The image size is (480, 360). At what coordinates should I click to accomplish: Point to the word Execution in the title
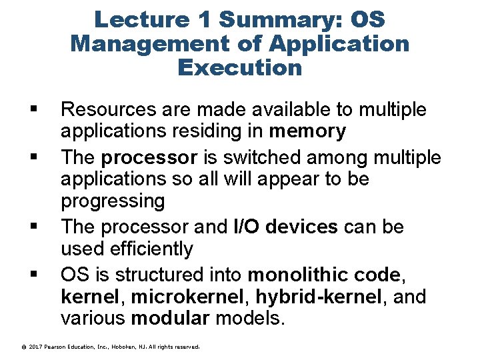pos(240,67)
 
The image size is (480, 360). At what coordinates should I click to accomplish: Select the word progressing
pos(112,201)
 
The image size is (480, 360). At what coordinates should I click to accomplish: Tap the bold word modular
pos(170,318)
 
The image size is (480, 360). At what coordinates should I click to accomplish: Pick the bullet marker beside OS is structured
pos(33,273)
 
